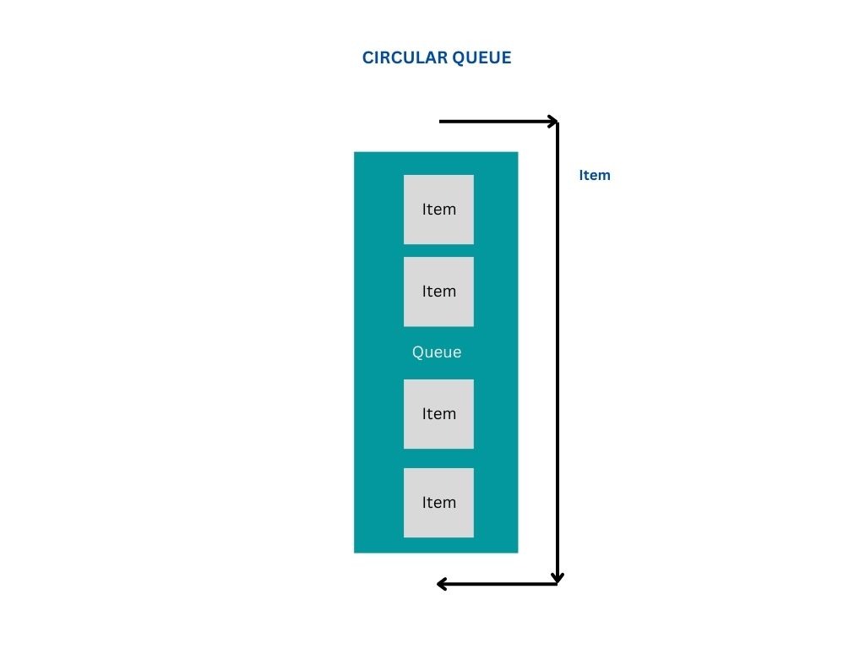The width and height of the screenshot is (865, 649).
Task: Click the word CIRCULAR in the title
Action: pos(401,57)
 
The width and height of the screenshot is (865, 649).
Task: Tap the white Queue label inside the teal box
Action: pos(437,352)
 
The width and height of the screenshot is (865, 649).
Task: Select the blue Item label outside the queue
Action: pos(595,176)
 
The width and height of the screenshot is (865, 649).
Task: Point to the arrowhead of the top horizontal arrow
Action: pos(552,122)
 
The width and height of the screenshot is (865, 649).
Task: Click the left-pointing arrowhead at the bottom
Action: pos(442,583)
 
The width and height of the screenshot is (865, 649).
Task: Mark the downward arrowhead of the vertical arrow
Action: pos(558,577)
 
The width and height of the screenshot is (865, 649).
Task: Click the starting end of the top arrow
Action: pos(442,122)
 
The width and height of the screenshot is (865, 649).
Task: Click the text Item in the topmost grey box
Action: pos(439,210)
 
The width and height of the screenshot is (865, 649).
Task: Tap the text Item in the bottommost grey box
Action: pos(439,503)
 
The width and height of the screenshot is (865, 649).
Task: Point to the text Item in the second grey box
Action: pos(439,292)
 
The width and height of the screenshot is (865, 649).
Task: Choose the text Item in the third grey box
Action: pos(439,414)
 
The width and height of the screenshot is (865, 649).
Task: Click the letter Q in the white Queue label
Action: pos(417,352)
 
